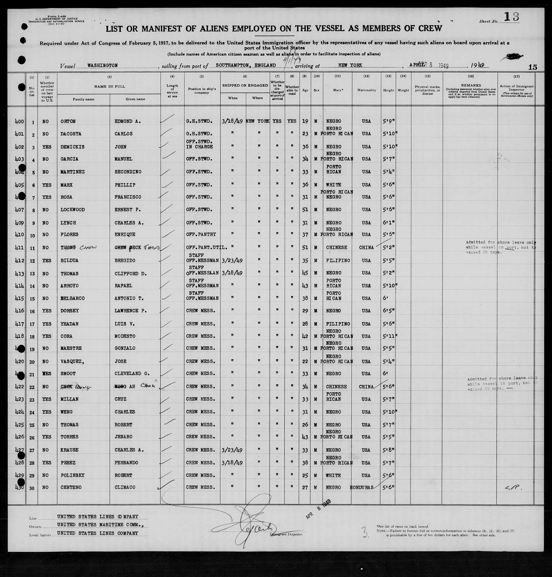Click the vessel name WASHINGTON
coord(102,65)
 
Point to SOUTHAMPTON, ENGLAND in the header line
coord(246,65)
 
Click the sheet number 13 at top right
coord(511,17)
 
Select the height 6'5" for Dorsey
coord(388,311)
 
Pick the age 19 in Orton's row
coord(305,121)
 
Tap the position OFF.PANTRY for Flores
coord(201,235)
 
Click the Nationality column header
coord(367,90)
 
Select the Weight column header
coord(403,90)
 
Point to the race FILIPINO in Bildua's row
coord(338,261)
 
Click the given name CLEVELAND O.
coord(132,374)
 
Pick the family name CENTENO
coord(73,487)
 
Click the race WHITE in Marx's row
coord(333,185)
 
